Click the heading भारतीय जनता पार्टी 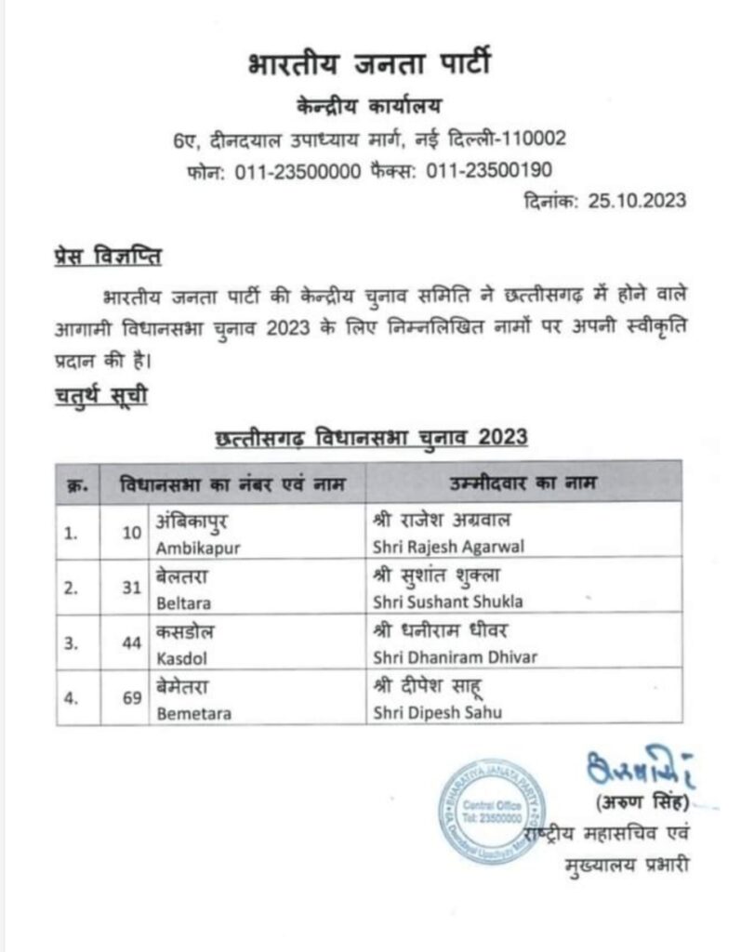(370, 67)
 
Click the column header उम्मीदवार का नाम (523, 483)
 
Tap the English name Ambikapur (198, 548)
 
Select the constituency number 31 (131, 587)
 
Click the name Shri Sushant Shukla (446, 602)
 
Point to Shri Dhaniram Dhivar (454, 657)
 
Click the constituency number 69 (131, 699)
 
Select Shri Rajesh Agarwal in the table (448, 548)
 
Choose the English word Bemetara (193, 714)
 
